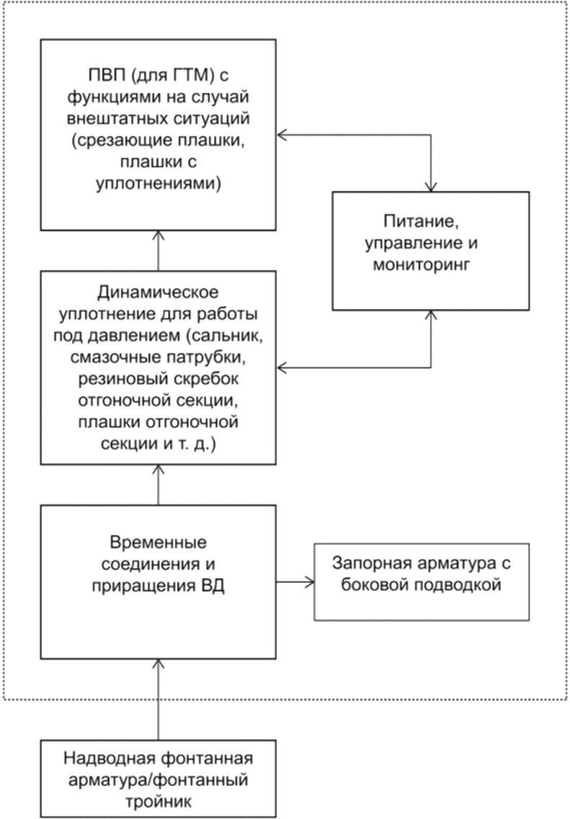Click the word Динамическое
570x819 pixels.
tap(158, 292)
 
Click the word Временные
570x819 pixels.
tap(158, 542)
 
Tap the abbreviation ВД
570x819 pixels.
tap(213, 586)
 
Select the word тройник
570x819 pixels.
tap(158, 801)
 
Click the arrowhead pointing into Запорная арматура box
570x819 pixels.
tap(311, 582)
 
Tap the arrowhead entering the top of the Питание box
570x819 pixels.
tap(431, 187)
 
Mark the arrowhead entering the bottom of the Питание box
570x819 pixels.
tap(431, 315)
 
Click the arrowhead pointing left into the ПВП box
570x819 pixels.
tap(282, 135)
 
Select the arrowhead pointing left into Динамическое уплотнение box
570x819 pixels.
tap(282, 368)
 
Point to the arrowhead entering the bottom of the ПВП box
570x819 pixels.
tap(159, 236)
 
